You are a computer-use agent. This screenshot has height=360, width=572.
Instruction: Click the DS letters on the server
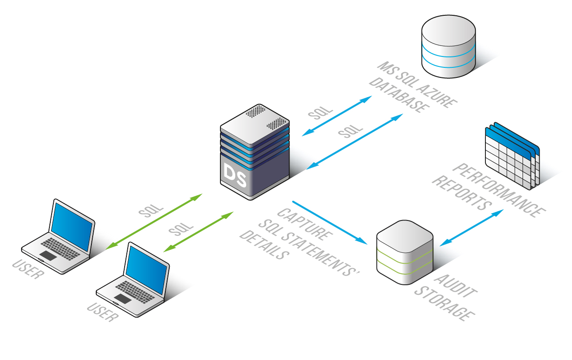point(235,172)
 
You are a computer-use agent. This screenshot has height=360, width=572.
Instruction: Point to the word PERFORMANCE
point(499,190)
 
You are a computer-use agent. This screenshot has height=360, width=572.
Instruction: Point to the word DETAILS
point(265,245)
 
